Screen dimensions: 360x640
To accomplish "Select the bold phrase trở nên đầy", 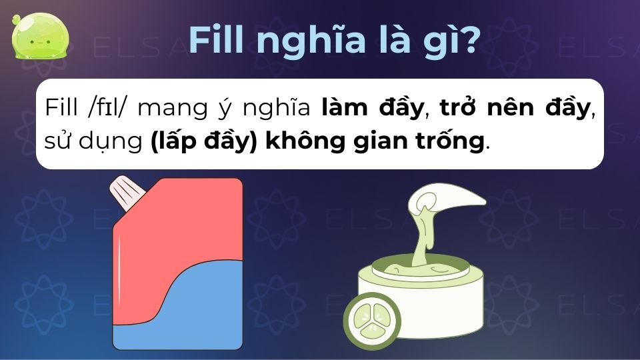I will click(x=515, y=109).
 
